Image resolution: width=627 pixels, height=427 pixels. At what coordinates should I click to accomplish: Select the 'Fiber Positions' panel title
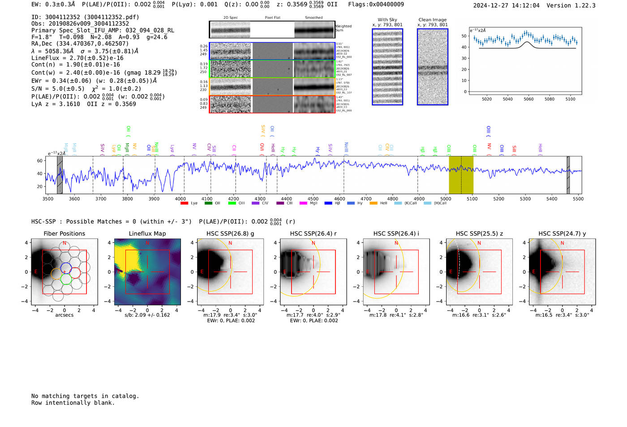pos(64,233)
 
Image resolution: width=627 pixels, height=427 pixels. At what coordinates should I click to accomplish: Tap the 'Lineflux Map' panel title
pos(147,233)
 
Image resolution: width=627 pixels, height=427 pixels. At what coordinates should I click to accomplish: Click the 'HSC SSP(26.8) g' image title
pos(230,233)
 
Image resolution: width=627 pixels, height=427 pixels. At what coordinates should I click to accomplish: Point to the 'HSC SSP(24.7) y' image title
pos(562,233)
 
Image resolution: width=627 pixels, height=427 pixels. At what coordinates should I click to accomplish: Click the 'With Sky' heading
pos(387,20)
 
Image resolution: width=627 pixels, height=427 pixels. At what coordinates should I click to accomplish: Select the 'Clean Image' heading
pos(432,20)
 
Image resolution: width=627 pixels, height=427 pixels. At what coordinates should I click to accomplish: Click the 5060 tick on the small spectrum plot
pos(528,99)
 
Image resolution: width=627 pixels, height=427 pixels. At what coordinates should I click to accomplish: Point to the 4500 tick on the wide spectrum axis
pos(313,199)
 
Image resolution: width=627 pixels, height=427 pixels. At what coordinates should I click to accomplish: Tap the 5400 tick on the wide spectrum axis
pos(552,199)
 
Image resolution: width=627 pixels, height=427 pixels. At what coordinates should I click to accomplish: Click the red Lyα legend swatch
pos(184,203)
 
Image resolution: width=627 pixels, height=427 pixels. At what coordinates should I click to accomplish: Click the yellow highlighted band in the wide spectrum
pos(461,175)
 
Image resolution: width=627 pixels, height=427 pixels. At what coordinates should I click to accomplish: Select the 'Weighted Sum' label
pos(343,28)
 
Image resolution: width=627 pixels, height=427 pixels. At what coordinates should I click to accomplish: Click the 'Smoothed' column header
pos(313,18)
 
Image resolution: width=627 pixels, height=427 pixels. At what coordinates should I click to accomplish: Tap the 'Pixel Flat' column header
pos(272,18)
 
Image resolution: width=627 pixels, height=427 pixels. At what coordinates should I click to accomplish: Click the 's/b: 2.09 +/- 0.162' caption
pos(147,315)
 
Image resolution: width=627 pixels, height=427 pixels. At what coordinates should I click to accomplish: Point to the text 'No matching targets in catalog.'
pos(85,396)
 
